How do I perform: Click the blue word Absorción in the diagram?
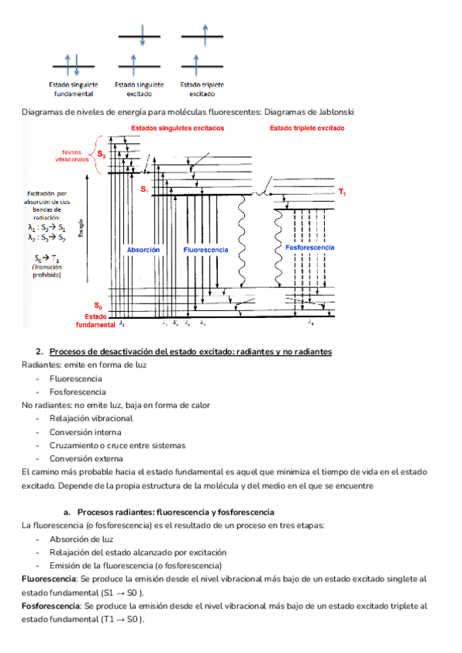coord(143,250)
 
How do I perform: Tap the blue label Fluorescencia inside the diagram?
coord(206,250)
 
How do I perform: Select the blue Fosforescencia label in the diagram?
coord(310,248)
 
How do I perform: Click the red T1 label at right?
coord(342,191)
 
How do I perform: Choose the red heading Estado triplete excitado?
coord(306,128)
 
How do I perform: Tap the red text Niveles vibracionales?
coord(72,156)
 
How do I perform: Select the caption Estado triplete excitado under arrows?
coord(202,89)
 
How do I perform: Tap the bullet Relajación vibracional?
coord(91,418)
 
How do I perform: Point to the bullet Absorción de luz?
coord(81,539)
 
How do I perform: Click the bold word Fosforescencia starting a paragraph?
coord(49,606)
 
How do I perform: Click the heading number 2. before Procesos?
coord(40,351)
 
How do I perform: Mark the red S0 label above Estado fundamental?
coord(98,306)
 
